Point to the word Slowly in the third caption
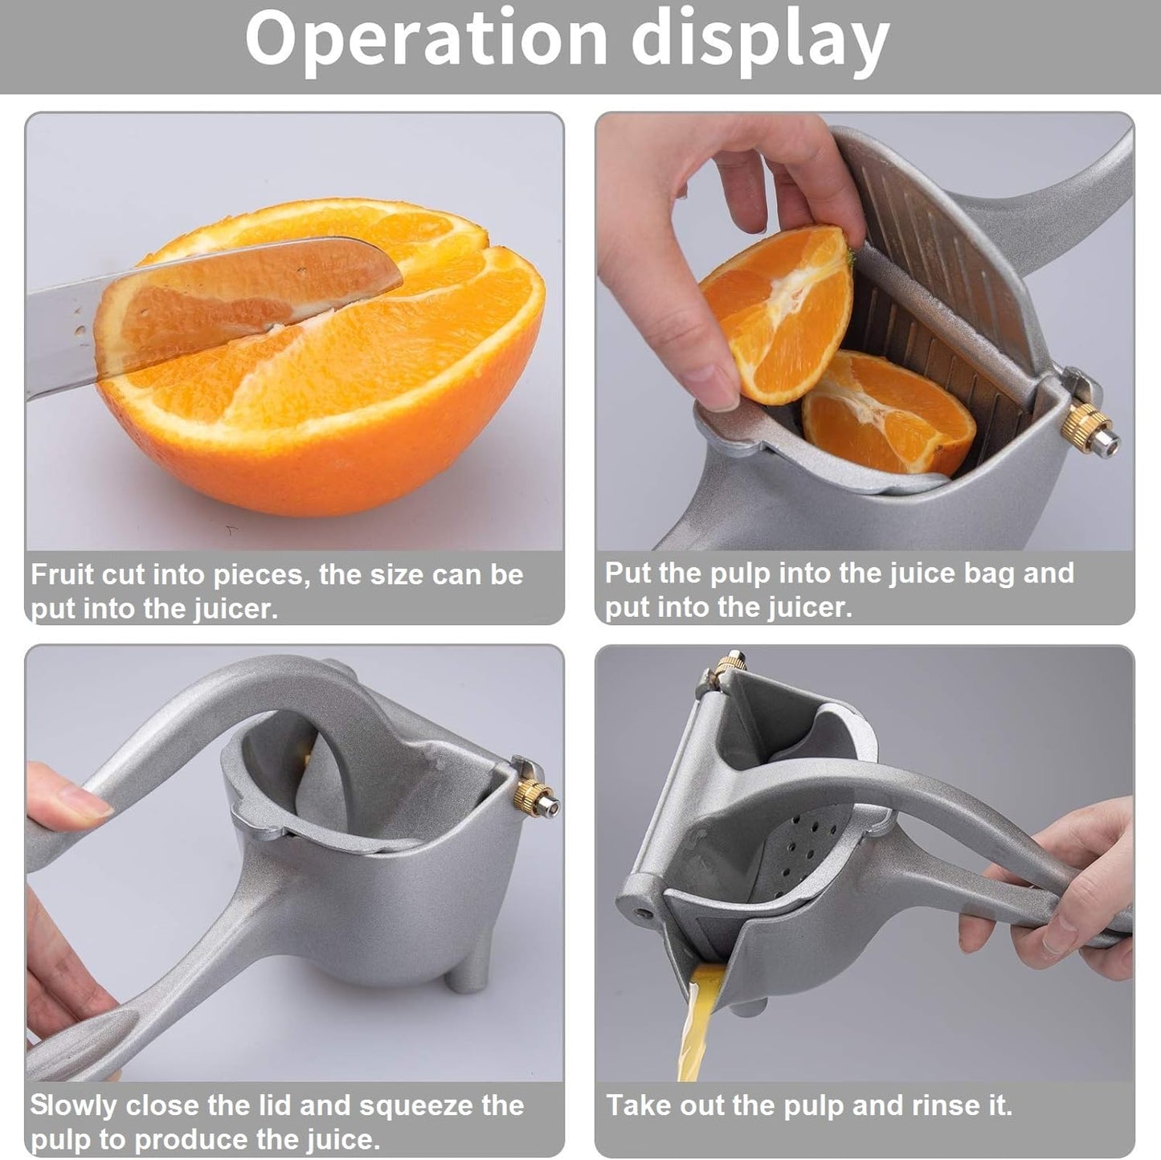73,1105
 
